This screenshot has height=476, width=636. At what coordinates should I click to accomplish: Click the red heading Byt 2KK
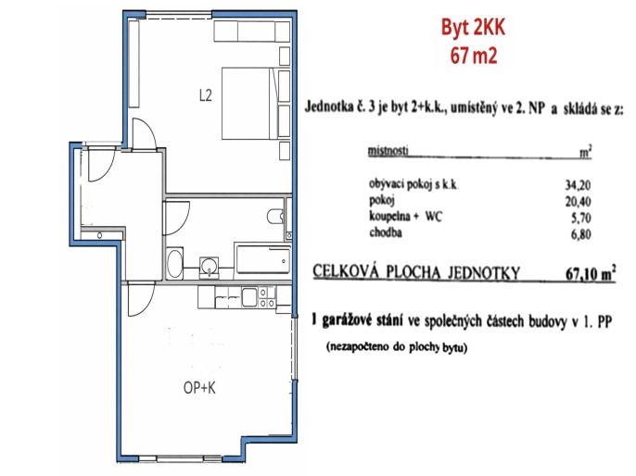[x=473, y=29]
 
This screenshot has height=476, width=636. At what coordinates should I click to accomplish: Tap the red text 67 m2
[x=474, y=56]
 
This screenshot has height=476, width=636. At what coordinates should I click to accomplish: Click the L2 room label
[x=206, y=95]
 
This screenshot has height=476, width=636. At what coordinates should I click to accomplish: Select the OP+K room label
[x=199, y=388]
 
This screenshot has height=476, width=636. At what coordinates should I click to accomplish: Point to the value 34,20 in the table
[x=578, y=185]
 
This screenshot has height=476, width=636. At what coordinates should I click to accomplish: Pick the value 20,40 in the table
[x=578, y=201]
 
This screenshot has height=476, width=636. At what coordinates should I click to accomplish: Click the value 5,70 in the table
[x=580, y=218]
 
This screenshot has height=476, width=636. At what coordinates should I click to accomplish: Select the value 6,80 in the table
[x=580, y=234]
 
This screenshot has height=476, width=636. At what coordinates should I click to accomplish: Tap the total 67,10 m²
[x=591, y=273]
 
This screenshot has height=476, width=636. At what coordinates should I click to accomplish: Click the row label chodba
[x=386, y=233]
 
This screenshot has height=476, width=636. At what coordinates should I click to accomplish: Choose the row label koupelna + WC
[x=406, y=217]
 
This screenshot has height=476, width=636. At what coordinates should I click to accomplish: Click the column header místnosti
[x=388, y=151]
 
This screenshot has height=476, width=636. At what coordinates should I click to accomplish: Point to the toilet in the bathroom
[x=276, y=217]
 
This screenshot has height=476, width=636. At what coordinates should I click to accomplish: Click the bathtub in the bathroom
[x=263, y=259]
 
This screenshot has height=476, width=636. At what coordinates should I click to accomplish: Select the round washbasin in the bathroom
[x=210, y=267]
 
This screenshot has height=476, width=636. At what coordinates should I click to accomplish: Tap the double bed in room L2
[x=250, y=104]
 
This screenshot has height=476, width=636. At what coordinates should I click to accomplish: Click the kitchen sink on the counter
[x=249, y=297]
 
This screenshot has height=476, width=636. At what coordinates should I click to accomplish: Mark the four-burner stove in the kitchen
[x=267, y=297]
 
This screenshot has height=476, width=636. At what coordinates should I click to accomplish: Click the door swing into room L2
[x=145, y=132]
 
